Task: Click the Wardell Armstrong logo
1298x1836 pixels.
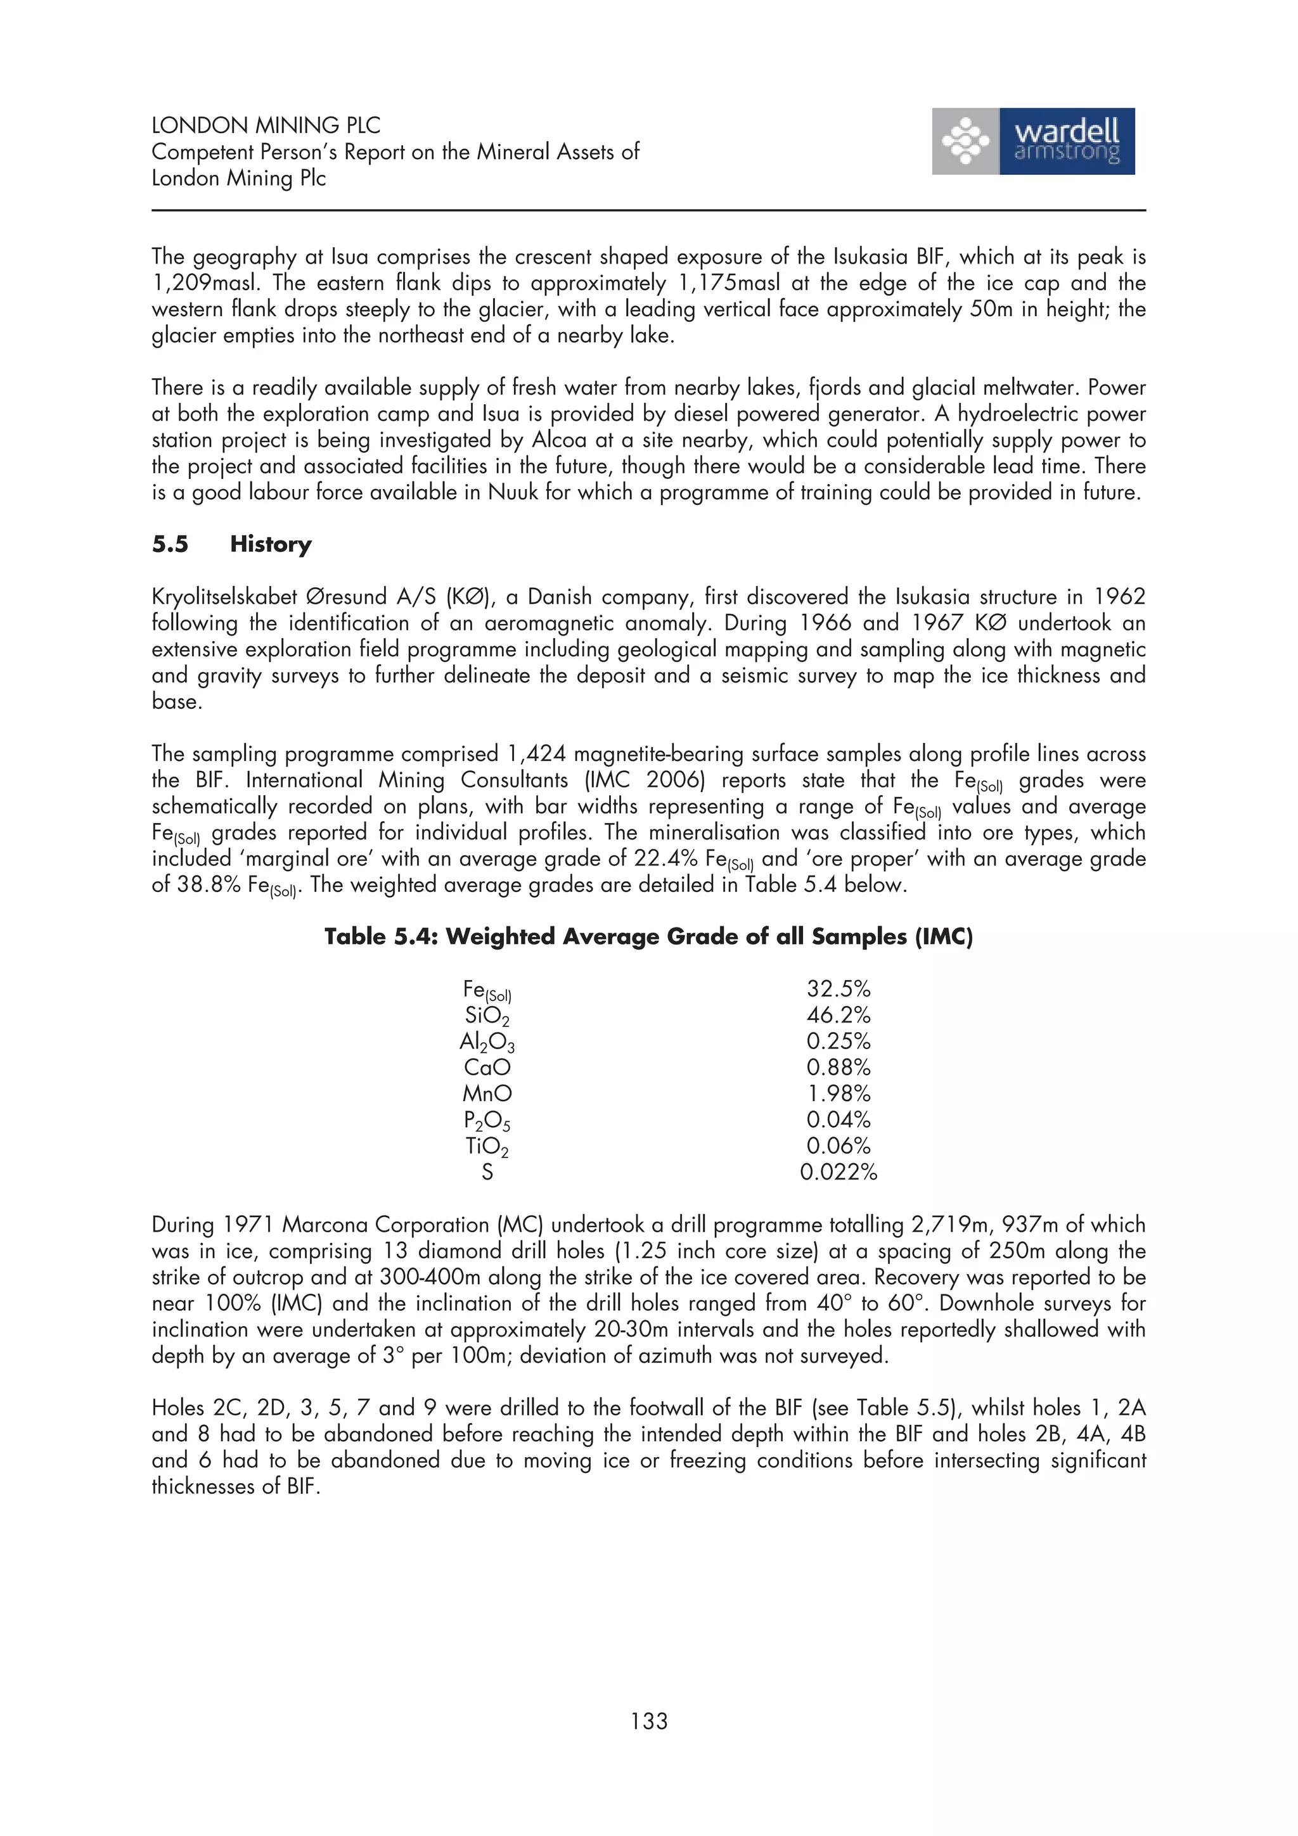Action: (x=1032, y=141)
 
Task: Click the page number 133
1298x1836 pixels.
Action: (x=648, y=1720)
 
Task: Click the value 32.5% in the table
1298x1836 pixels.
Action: (x=837, y=989)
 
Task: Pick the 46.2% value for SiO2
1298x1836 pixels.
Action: (x=837, y=1016)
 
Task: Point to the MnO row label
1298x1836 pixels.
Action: (x=486, y=1093)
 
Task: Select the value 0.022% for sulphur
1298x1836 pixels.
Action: (x=837, y=1172)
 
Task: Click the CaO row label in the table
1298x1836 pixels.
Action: (x=486, y=1068)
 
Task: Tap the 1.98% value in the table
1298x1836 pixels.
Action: (x=837, y=1093)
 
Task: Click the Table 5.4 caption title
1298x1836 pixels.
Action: (x=648, y=936)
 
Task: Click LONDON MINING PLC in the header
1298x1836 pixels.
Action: (x=266, y=125)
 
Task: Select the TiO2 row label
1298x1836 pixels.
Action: (x=486, y=1147)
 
